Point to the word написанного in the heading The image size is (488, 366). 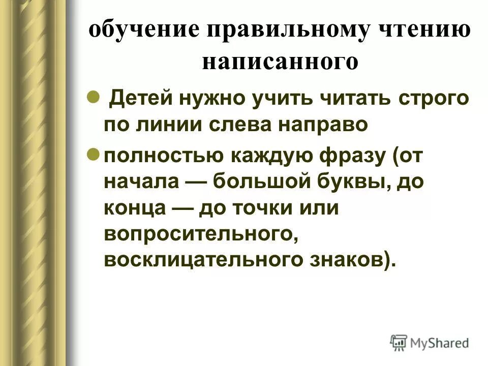click(280, 63)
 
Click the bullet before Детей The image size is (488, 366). click(93, 97)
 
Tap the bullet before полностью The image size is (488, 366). click(93, 154)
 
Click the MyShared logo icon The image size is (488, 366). click(399, 342)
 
